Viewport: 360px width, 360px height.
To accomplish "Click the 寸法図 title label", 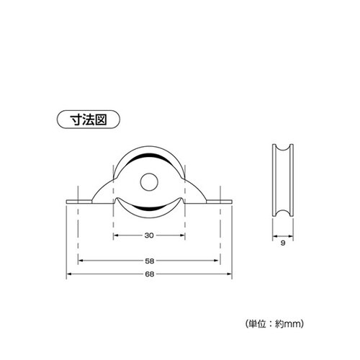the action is click(x=89, y=120).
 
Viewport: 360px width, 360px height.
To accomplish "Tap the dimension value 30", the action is click(x=149, y=235).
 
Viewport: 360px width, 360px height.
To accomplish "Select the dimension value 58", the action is click(x=149, y=261).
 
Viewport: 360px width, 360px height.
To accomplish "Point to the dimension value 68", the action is click(x=149, y=274).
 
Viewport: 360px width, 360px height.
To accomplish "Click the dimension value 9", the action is click(x=283, y=243).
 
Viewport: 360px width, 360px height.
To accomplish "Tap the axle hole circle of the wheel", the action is click(x=149, y=182).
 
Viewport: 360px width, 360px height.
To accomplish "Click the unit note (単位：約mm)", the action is click(x=274, y=324).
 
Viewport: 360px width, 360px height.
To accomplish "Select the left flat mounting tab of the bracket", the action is click(x=79, y=202).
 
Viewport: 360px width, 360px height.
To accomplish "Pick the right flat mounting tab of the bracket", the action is click(x=219, y=202).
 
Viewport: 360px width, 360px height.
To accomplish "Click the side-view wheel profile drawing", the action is click(x=283, y=180).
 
